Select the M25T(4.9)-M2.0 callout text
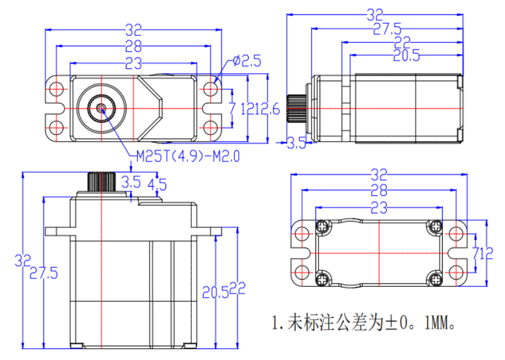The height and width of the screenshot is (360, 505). (x=188, y=157)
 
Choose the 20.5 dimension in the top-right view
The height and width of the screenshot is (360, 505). (x=406, y=56)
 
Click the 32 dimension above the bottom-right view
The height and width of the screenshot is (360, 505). (x=378, y=175)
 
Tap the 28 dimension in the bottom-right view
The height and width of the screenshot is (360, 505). (x=378, y=191)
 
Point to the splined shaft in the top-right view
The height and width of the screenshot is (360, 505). (x=296, y=109)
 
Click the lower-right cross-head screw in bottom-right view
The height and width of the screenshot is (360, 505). (x=434, y=278)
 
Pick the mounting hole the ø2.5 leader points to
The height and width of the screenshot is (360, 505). (x=210, y=89)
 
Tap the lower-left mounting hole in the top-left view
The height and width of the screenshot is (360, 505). (x=56, y=128)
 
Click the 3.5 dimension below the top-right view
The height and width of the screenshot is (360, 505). (x=297, y=143)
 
